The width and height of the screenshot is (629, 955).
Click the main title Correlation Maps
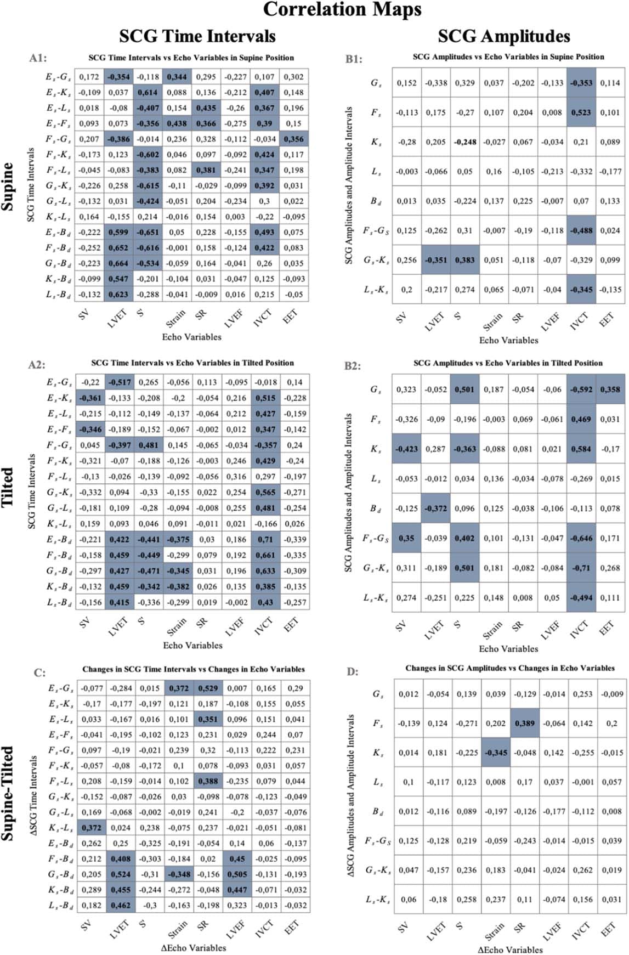(342, 9)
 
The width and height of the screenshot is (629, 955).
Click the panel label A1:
(38, 58)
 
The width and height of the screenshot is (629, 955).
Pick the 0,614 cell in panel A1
(148, 93)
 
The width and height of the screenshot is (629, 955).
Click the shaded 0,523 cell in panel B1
(581, 112)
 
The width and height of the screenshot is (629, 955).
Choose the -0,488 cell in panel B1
(581, 230)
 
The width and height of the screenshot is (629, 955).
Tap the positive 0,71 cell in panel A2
(265, 540)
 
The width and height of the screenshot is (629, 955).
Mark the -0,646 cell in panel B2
(581, 538)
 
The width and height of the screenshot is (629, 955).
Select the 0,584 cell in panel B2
(581, 449)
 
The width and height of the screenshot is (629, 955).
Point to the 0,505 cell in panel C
(237, 874)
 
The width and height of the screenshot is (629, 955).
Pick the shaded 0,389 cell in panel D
(524, 724)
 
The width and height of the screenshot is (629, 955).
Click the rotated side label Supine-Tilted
(8, 793)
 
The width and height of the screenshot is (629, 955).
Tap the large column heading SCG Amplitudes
(503, 36)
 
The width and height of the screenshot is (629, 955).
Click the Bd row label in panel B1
(376, 201)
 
